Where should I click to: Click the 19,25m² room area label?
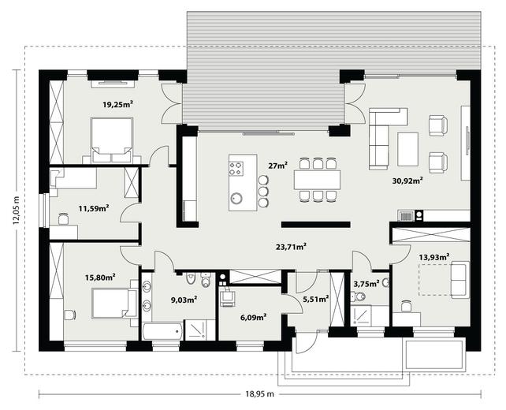click(118, 104)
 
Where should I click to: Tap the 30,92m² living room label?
click(407, 181)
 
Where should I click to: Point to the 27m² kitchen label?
click(278, 166)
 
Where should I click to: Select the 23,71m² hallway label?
click(291, 247)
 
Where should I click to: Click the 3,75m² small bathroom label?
click(366, 284)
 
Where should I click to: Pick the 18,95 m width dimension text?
click(260, 394)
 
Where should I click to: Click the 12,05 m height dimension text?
click(16, 210)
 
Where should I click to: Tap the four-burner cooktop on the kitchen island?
click(236, 169)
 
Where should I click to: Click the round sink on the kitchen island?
click(237, 198)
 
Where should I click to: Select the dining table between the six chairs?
click(317, 180)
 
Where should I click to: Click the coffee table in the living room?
click(408, 149)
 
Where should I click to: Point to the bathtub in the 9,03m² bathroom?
click(162, 330)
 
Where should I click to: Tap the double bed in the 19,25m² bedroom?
click(112, 140)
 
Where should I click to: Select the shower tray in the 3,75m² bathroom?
click(362, 315)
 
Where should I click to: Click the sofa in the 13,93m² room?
click(459, 280)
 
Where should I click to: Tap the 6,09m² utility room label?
click(253, 318)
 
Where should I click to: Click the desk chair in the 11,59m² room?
click(64, 219)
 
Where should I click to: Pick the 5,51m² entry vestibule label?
click(316, 300)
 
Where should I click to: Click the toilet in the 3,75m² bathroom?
click(358, 296)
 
